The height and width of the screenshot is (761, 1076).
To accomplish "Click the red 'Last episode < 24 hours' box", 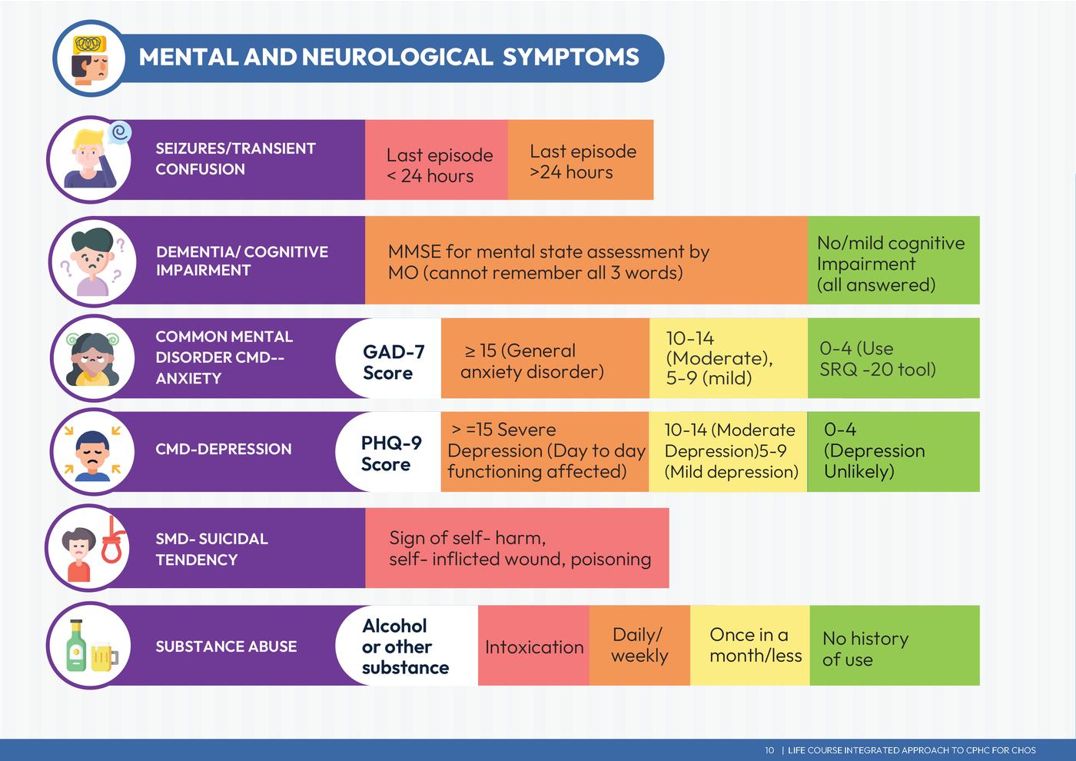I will (x=436, y=160).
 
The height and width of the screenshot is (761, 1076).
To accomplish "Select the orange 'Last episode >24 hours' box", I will (x=580, y=160).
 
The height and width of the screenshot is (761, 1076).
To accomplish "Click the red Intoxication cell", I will (x=533, y=646).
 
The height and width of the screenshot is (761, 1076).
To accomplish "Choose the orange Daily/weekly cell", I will (x=639, y=646).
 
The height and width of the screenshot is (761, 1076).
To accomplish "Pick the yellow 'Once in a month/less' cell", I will (x=750, y=646).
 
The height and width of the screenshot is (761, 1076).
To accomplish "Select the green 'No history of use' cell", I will (x=895, y=646).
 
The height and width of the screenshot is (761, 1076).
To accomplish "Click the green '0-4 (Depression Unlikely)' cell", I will (x=894, y=451).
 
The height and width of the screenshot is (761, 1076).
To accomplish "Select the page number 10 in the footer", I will (x=769, y=750).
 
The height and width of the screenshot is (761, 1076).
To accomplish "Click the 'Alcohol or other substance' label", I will (x=405, y=646).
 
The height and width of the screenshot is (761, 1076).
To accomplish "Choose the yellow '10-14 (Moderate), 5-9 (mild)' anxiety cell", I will (x=728, y=358).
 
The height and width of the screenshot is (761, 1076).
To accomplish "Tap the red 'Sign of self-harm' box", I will (x=516, y=548).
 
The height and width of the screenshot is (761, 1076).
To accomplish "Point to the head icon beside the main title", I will (x=90, y=58).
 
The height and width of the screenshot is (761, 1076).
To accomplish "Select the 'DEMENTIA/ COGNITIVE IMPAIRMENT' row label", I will (x=241, y=261).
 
